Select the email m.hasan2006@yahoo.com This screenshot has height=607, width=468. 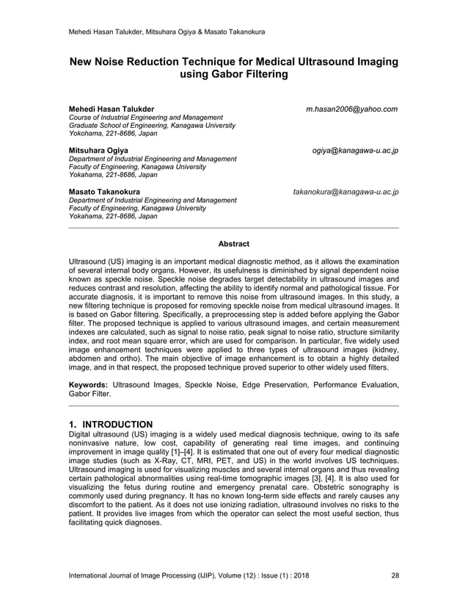[x=352, y=109]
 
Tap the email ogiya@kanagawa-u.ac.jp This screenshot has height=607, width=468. [x=355, y=151]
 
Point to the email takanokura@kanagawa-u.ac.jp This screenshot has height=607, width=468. [x=345, y=192]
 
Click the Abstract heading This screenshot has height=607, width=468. [x=233, y=244]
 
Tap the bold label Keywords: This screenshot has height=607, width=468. [x=88, y=384]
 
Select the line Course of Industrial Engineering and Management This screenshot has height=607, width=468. [x=146, y=118]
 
